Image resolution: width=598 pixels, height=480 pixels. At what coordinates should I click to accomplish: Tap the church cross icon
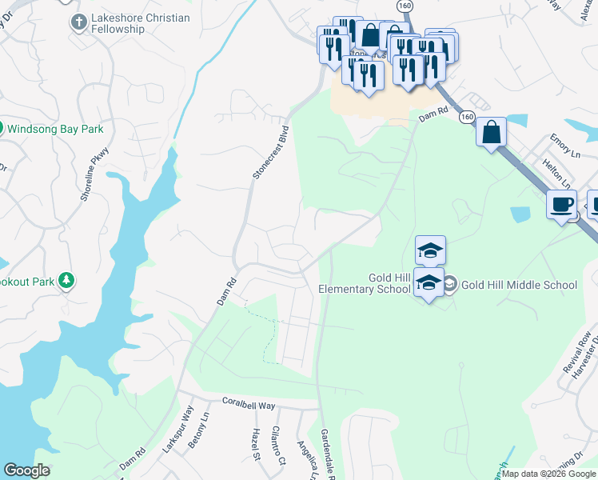(x=78, y=22)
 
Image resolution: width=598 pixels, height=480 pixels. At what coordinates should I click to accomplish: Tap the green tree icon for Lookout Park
(x=69, y=280)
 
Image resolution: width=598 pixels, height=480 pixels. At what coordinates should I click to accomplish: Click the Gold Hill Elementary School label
(x=365, y=283)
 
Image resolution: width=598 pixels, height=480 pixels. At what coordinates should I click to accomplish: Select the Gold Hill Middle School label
(x=519, y=284)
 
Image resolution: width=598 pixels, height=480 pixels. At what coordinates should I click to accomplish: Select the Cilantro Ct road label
(x=277, y=445)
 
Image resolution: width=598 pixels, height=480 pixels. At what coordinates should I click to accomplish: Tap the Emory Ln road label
(x=564, y=145)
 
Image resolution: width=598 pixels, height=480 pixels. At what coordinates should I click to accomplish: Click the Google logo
(x=27, y=470)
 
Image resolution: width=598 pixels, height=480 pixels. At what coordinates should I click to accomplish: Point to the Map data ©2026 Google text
(x=548, y=474)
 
